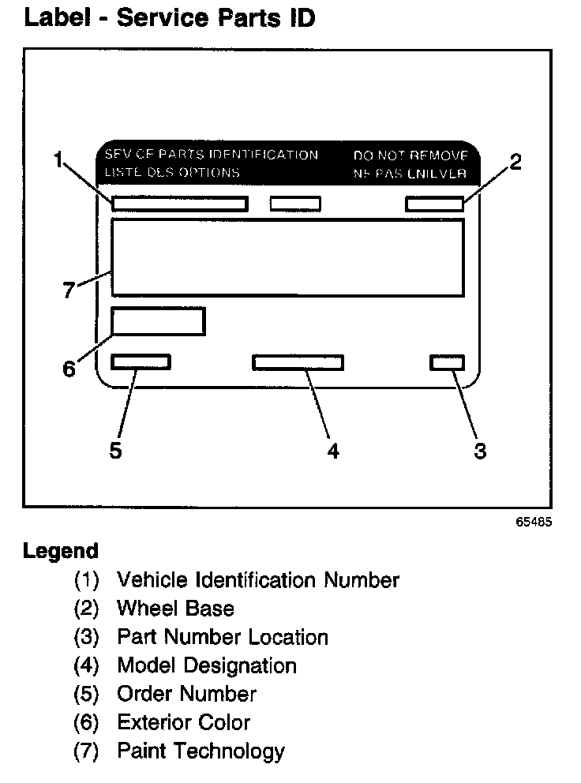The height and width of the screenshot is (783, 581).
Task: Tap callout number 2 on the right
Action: (515, 163)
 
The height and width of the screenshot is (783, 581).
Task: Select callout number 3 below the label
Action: (480, 451)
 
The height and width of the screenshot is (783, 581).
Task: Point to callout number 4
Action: (333, 451)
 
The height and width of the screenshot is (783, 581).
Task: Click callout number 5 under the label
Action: (115, 451)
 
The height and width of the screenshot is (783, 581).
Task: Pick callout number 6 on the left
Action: (69, 369)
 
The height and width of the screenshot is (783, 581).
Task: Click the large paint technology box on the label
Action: (287, 258)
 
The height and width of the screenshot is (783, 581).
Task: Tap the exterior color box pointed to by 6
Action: (158, 321)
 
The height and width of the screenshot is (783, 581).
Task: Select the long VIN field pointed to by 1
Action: (179, 204)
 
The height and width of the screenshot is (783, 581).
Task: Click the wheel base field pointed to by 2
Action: (434, 204)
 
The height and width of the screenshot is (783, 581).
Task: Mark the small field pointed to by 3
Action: (447, 362)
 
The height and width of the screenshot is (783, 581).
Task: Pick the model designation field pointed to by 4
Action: (298, 362)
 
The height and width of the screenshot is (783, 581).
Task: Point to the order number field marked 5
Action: (141, 362)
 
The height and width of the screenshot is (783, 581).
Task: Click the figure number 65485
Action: (535, 522)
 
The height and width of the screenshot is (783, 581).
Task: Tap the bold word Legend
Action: (61, 551)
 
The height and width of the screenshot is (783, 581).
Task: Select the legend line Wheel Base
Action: (175, 609)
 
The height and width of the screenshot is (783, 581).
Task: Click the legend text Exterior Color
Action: (183, 722)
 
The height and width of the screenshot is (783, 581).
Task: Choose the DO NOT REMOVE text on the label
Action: (410, 155)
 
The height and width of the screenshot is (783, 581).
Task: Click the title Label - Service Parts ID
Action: (170, 18)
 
